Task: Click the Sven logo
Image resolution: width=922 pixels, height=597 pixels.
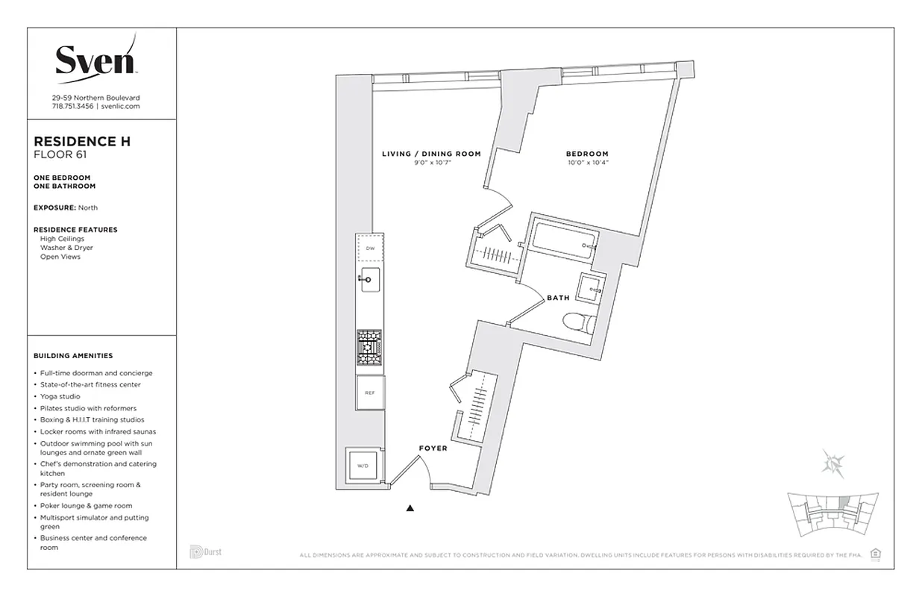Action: point(95,59)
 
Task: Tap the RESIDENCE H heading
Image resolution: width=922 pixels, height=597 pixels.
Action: point(82,141)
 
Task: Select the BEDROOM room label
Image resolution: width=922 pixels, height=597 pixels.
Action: point(586,154)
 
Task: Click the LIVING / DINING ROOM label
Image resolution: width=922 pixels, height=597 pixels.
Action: point(431,154)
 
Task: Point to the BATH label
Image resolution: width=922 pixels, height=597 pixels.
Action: point(558,298)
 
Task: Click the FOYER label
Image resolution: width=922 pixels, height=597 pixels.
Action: point(433,448)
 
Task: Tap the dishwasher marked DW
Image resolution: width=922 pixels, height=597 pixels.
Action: point(369,248)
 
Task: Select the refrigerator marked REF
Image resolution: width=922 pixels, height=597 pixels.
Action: point(369,393)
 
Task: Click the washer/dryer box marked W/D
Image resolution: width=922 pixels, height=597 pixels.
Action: point(363,466)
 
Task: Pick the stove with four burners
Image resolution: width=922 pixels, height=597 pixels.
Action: point(369,348)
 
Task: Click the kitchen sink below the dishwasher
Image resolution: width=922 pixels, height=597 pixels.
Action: point(369,282)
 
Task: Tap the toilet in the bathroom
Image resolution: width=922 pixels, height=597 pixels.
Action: point(578,324)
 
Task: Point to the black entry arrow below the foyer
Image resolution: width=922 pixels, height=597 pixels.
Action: point(410,509)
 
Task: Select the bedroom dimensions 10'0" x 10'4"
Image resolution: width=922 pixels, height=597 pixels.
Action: point(587,162)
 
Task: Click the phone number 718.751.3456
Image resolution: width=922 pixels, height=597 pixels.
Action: point(72,107)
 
